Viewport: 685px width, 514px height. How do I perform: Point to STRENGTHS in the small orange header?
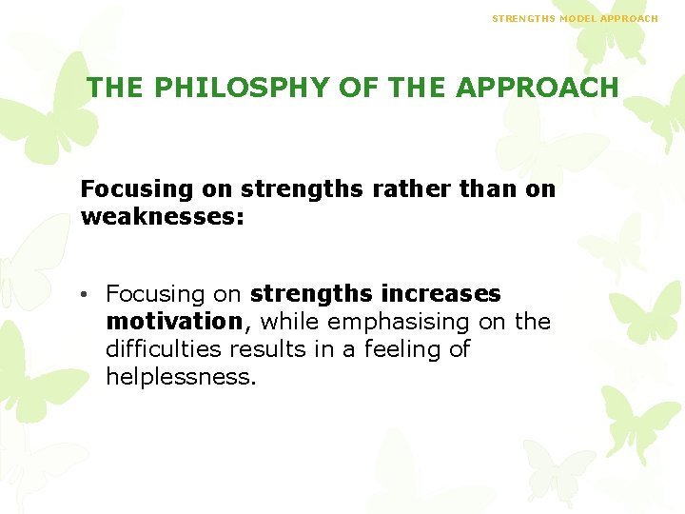coord(522,18)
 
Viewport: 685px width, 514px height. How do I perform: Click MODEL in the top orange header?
coord(579,18)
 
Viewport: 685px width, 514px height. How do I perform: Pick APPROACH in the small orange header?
coord(632,18)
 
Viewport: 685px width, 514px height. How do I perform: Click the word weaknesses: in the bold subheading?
coord(163,217)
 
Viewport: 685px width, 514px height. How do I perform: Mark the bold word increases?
coord(440,294)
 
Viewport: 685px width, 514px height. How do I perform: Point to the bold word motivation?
coord(174,322)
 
